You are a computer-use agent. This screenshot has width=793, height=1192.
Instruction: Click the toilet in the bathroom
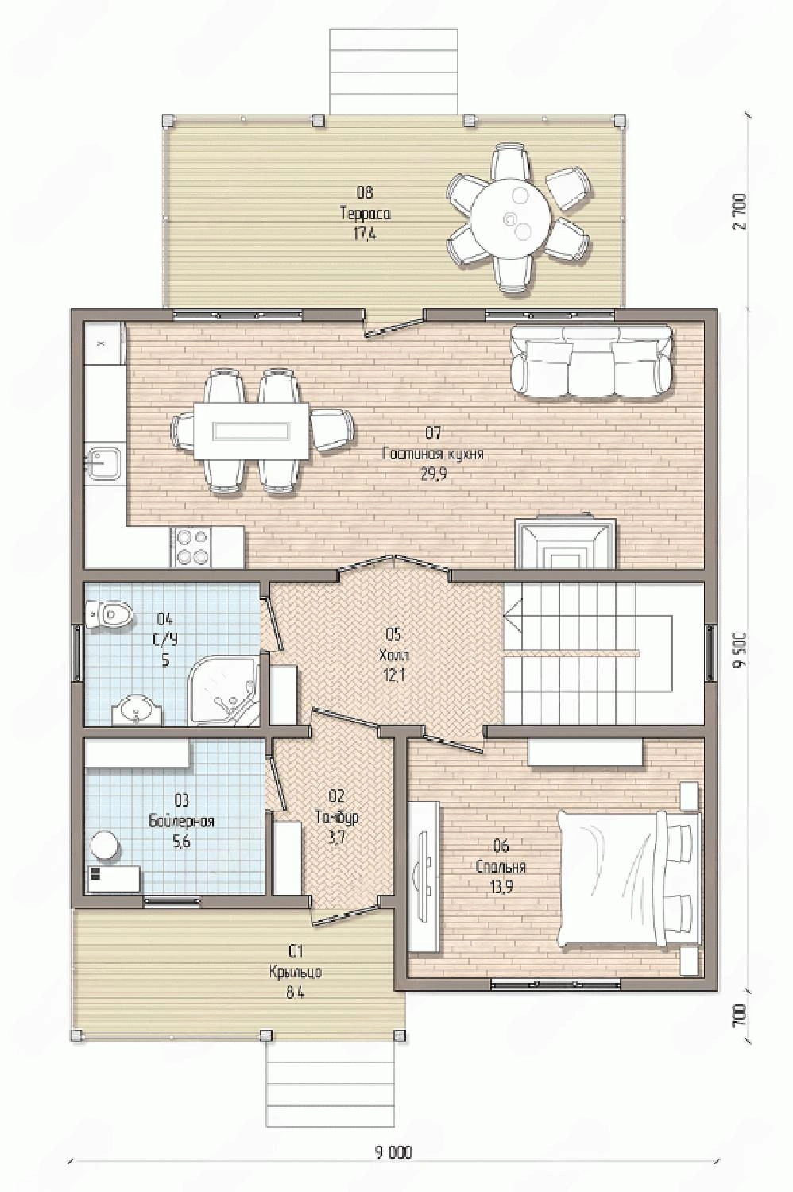click(109, 614)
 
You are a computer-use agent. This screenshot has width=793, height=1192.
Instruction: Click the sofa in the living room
click(590, 362)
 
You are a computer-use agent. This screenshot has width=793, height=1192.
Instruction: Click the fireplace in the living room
click(565, 544)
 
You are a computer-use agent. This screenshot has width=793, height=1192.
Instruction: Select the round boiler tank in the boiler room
click(104, 845)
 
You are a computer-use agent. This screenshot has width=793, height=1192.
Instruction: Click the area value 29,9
click(433, 474)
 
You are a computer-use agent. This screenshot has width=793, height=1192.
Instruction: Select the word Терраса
click(365, 214)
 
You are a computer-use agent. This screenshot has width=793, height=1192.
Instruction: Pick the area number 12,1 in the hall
click(394, 675)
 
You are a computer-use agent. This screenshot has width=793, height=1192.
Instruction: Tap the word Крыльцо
click(295, 972)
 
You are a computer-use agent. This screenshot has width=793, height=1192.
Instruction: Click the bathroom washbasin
click(137, 710)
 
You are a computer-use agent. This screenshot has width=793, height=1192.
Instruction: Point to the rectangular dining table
click(251, 431)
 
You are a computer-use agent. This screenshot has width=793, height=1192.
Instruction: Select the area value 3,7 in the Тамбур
click(338, 838)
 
